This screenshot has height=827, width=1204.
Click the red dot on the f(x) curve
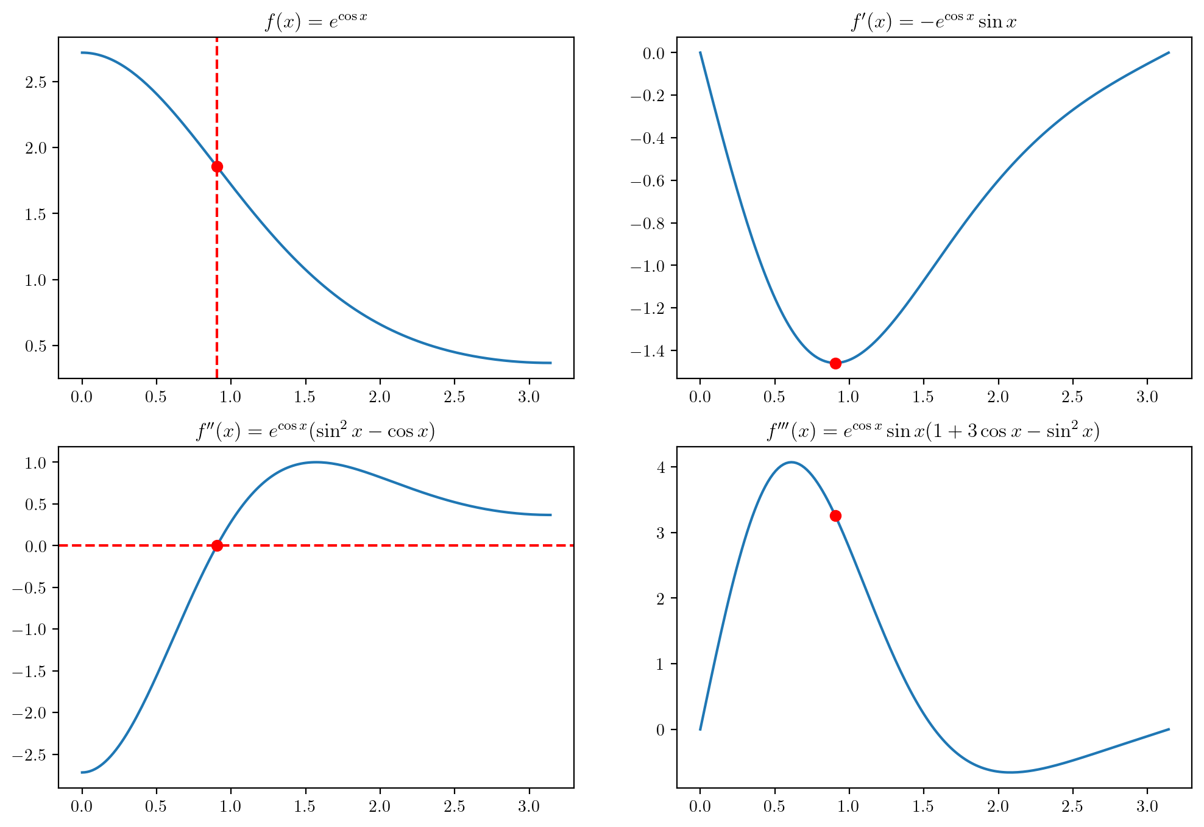click(217, 166)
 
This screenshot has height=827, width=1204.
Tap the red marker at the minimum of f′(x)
click(835, 363)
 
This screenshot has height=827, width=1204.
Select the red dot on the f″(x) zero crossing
click(217, 545)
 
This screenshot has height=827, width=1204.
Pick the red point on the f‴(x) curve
click(835, 516)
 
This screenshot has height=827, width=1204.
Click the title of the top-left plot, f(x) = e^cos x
click(316, 22)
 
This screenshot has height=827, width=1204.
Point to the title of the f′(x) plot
click(933, 22)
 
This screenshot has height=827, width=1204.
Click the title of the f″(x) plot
click(316, 431)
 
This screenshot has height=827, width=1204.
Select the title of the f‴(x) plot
click(933, 431)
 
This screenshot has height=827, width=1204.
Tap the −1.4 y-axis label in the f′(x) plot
click(651, 350)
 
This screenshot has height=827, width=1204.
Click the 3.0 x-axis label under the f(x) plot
click(529, 397)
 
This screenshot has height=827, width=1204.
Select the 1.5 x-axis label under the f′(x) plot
click(923, 397)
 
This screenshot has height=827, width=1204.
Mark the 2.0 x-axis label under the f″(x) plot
click(380, 807)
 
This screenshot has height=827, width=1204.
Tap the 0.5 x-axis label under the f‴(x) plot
click(774, 807)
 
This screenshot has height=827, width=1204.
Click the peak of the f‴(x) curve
click(791, 462)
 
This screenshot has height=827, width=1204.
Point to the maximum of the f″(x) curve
click(316, 462)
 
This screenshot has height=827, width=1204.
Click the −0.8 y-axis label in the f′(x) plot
click(651, 223)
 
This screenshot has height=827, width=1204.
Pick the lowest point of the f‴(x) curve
click(1011, 772)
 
